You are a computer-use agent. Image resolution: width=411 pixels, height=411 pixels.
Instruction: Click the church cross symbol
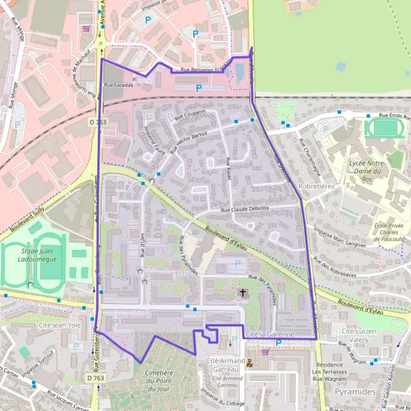pyautogui.click(x=242, y=294)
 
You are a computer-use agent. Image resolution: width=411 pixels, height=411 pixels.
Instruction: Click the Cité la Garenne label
pyautogui.click(x=269, y=334)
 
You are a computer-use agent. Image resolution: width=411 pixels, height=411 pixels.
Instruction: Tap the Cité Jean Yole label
pyautogui.click(x=60, y=327)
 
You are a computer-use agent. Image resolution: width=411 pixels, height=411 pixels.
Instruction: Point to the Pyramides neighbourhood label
pyautogui.click(x=356, y=391)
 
